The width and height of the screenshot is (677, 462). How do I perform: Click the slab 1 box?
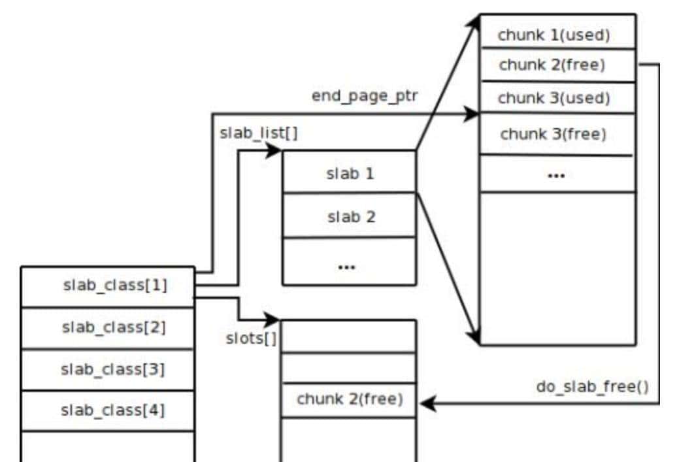tap(350, 174)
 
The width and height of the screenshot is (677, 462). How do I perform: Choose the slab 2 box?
tap(350, 216)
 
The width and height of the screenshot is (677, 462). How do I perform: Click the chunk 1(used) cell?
tap(557, 35)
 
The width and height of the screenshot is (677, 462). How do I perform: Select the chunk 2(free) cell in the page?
tap(557, 65)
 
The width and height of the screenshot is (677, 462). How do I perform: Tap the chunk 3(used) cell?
tap(557, 98)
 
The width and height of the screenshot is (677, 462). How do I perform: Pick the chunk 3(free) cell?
tap(557, 135)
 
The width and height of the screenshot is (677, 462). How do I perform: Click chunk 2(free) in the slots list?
tap(348, 399)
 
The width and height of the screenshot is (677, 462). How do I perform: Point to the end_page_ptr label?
tap(365, 95)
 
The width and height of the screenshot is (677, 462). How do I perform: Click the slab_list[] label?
tap(259, 133)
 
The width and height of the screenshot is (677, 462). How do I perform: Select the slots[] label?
tap(250, 338)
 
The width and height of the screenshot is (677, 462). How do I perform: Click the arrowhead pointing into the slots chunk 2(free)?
tap(425, 404)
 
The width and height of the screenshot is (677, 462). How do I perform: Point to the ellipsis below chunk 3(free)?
tap(555, 175)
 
